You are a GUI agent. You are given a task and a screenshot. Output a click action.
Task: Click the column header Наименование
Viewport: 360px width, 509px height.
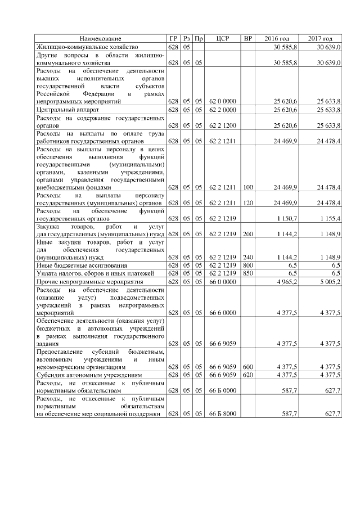point(100,39)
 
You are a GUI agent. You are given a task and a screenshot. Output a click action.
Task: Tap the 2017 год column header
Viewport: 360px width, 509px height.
point(320,39)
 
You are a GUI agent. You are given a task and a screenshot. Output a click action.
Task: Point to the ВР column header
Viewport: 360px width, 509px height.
point(247,39)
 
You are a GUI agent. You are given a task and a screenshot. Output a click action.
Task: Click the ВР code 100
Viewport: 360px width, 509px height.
point(247,186)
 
